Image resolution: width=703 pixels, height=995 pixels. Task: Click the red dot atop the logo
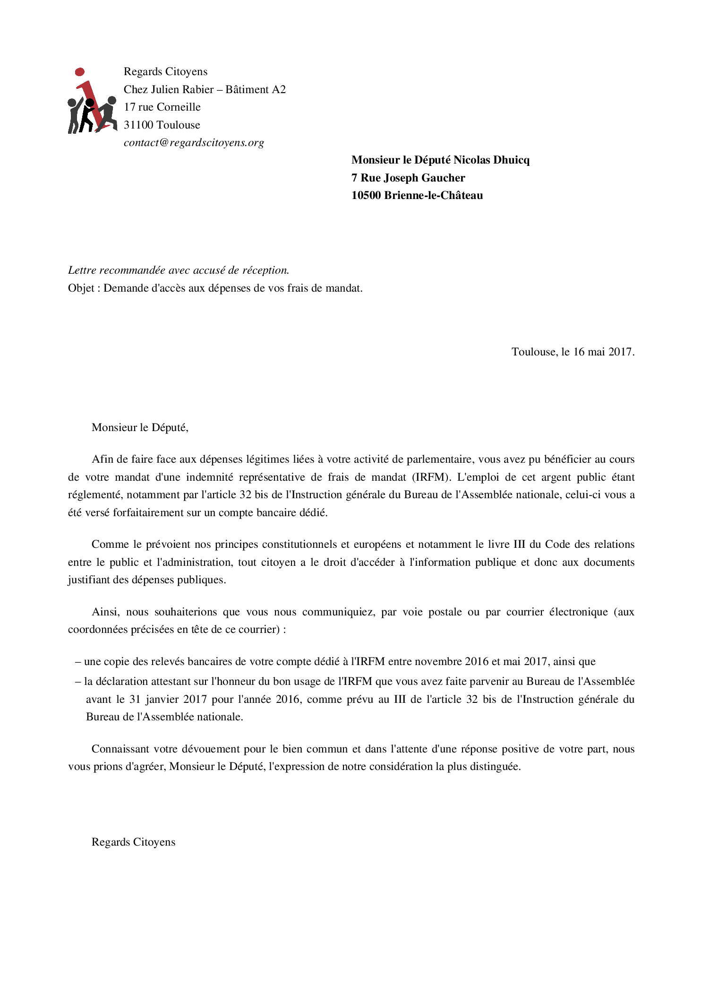tap(80, 72)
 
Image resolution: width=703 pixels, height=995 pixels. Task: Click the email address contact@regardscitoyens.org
tap(194, 143)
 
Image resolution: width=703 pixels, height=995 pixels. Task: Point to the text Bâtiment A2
tap(256, 89)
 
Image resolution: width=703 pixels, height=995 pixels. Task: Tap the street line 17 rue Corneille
tap(162, 107)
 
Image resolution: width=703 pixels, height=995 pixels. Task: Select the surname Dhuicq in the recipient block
tap(511, 160)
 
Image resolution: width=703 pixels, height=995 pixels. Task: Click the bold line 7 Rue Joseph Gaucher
tap(408, 178)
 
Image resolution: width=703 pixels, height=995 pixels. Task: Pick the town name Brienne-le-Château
tap(433, 195)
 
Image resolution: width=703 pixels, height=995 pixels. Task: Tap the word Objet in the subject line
tap(81, 288)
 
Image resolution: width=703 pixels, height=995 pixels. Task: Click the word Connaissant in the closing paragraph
tap(120, 749)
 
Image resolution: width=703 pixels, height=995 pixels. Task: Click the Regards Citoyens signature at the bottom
tap(133, 842)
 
